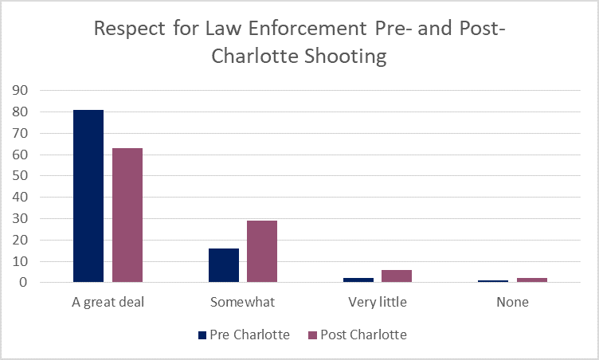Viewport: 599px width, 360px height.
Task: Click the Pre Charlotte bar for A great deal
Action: tap(88, 196)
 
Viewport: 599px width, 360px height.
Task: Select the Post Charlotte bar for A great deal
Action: tap(127, 215)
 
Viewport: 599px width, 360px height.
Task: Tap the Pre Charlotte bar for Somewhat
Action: tap(224, 265)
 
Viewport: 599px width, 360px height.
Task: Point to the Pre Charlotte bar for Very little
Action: tap(358, 280)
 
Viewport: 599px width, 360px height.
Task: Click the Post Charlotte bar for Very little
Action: tap(397, 276)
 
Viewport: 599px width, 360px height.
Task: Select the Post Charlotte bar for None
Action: tap(531, 280)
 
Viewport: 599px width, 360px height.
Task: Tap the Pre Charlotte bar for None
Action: tap(493, 280)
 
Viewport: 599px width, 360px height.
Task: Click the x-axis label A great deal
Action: tap(108, 303)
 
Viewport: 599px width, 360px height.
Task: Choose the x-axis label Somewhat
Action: tap(243, 303)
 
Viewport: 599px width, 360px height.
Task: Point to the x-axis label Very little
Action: tap(378, 303)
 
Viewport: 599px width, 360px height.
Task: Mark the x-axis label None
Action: tap(512, 303)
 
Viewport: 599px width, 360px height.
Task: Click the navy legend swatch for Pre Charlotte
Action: tap(202, 335)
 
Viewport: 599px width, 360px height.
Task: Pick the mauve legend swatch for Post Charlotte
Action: tap(311, 335)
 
